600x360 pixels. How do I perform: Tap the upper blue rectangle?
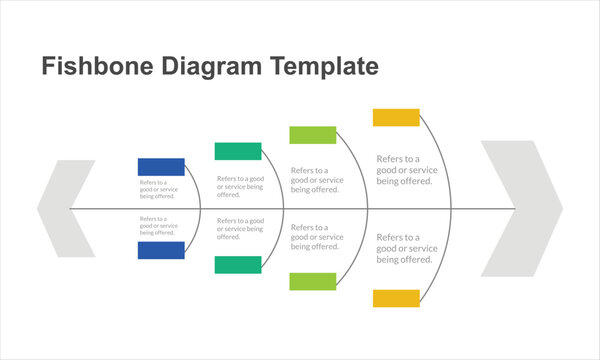click(x=161, y=166)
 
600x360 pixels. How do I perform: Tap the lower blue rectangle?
click(x=161, y=250)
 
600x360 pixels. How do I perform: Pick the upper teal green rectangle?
click(x=238, y=151)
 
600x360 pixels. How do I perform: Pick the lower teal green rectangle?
click(x=238, y=264)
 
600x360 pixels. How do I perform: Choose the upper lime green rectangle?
click(x=313, y=135)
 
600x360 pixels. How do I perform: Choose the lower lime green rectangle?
click(x=313, y=281)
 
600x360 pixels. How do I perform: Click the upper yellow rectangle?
click(x=396, y=117)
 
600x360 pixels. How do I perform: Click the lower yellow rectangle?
click(x=396, y=298)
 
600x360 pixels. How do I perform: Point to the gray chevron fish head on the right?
click(x=521, y=208)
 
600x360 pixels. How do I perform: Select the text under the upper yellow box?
click(x=404, y=170)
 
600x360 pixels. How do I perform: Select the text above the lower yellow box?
click(x=404, y=248)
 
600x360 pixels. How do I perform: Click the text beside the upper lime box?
click(x=317, y=180)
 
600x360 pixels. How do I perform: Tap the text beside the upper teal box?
click(x=240, y=185)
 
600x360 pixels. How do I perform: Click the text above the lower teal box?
click(x=240, y=229)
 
